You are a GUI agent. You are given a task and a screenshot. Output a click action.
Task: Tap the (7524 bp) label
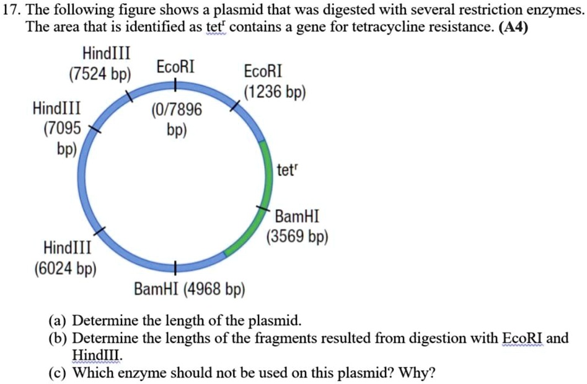100,75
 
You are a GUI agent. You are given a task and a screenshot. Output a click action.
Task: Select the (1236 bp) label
274,93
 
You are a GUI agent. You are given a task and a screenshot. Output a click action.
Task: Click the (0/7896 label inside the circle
177,110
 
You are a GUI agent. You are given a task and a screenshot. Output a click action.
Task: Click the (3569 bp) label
297,237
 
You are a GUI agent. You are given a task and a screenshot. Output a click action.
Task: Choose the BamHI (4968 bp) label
190,290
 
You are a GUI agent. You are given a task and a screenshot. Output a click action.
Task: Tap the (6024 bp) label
65,270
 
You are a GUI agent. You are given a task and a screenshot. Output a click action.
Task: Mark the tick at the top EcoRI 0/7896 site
176,84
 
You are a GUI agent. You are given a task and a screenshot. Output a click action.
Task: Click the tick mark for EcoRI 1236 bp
235,106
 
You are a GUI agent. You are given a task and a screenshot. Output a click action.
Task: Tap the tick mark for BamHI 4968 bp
176,267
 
